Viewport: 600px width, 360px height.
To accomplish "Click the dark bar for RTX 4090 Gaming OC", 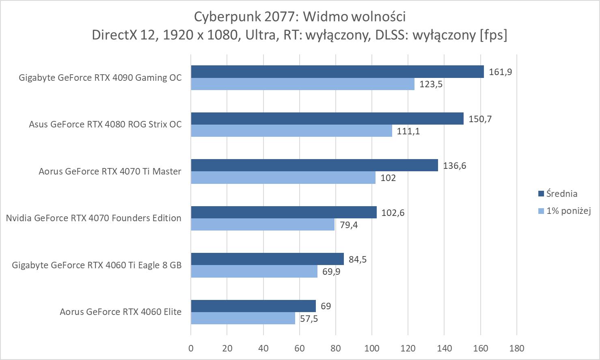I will [337, 71].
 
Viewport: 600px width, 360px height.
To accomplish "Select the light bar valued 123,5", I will [302, 84].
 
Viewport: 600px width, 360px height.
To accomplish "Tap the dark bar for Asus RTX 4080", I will [327, 119].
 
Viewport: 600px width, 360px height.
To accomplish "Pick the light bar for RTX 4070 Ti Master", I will [283, 178].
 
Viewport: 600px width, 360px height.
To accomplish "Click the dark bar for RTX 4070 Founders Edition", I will [283, 212].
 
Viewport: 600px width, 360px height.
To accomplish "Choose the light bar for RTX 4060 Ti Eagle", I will [254, 272].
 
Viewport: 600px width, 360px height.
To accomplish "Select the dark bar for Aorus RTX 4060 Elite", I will [253, 306].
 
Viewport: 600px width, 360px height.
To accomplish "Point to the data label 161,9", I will [501, 72].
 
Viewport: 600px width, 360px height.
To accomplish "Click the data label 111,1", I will [408, 131].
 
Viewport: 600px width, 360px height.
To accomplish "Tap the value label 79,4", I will [349, 225].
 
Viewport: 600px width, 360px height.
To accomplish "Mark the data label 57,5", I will [309, 319].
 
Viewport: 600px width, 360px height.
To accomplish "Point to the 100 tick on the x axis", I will [372, 348].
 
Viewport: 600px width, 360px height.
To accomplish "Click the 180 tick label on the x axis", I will [516, 348].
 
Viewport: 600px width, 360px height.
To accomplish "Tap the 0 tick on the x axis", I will [191, 348].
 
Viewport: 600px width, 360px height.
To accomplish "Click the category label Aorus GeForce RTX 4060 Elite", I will [121, 312].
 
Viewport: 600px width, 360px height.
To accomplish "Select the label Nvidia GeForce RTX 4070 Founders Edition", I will [93, 218].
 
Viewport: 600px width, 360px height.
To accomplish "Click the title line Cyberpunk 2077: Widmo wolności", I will [300, 17].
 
